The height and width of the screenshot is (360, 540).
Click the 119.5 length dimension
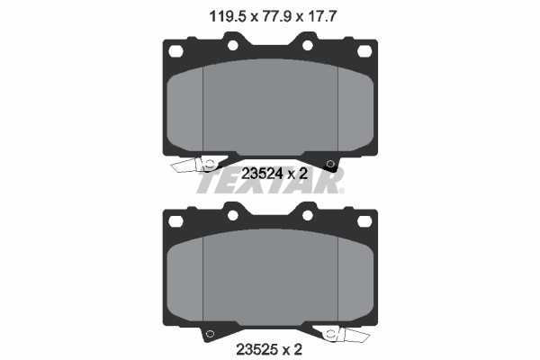click(x=228, y=16)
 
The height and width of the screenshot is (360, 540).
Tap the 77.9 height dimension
click(x=276, y=16)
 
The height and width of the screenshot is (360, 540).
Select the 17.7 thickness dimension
click(x=321, y=16)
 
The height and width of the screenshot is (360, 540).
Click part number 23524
click(x=262, y=174)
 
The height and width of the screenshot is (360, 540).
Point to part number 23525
click(x=256, y=349)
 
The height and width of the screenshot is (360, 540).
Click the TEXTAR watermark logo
click(x=270, y=182)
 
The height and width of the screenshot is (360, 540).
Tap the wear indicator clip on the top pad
click(x=199, y=165)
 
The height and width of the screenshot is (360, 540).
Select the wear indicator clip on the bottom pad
click(x=341, y=333)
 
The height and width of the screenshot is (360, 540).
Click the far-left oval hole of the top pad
click(x=175, y=51)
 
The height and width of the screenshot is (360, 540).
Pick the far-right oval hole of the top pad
click(x=364, y=51)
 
